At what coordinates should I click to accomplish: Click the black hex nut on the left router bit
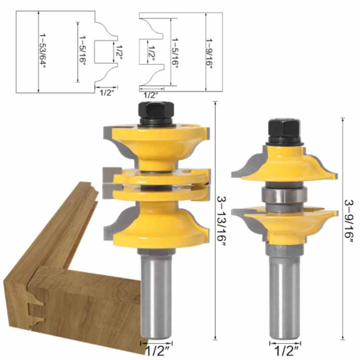[x=155, y=112]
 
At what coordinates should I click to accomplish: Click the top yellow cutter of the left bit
[x=155, y=144]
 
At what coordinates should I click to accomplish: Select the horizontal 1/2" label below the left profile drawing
[x=106, y=93]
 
